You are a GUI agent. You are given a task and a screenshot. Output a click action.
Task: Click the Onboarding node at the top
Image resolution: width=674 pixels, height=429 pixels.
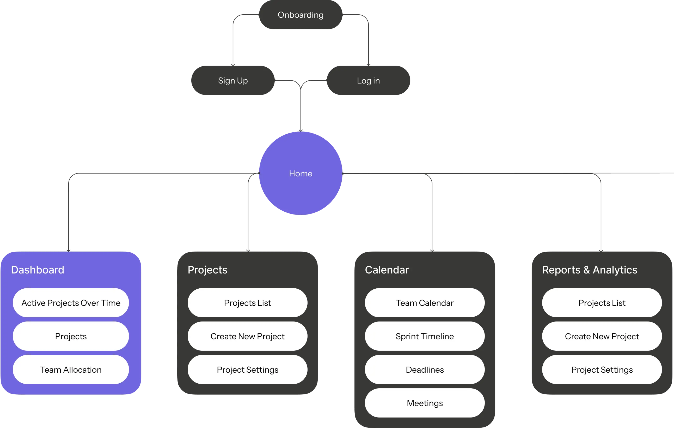[300, 15]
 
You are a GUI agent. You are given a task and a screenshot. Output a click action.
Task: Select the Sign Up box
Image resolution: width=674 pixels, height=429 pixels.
[233, 81]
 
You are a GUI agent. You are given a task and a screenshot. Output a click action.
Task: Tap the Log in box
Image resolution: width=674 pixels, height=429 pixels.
[368, 81]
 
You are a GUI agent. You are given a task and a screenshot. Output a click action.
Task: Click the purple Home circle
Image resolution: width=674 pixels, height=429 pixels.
[301, 174]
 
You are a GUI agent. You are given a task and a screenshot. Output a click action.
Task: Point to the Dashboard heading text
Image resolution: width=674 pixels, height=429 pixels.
[38, 270]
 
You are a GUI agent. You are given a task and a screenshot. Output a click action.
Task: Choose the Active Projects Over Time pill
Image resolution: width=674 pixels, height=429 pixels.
[71, 303]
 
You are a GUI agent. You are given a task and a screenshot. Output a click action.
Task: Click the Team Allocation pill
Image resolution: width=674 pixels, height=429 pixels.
[71, 370]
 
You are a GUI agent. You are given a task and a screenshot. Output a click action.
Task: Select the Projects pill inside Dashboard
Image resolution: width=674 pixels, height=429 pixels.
[71, 336]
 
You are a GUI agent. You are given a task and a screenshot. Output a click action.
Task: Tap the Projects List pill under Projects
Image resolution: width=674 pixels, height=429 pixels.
[247, 303]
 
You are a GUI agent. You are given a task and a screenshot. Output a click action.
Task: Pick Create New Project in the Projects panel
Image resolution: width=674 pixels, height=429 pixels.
[247, 336]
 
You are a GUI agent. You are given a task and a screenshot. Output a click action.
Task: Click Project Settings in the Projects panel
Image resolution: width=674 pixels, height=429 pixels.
[247, 370]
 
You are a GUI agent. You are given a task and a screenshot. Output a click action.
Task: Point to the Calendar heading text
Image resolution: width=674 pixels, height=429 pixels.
[387, 270]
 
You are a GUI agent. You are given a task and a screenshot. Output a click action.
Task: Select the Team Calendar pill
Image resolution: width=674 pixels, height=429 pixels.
[425, 303]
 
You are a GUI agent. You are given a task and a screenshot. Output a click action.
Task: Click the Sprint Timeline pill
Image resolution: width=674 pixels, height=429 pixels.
[425, 336]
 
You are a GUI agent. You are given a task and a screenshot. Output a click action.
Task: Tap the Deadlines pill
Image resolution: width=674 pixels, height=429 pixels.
[425, 370]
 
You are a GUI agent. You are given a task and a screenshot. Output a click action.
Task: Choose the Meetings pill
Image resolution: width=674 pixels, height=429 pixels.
[425, 403]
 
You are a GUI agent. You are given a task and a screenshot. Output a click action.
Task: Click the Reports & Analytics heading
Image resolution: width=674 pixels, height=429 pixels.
[590, 270]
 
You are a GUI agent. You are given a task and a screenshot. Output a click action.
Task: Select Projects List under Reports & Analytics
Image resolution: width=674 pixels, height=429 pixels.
[602, 303]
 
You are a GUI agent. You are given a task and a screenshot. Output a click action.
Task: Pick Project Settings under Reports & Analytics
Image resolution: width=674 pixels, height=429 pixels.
[602, 370]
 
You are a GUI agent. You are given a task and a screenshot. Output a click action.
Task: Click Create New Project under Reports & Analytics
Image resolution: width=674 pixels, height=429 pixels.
[602, 336]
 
